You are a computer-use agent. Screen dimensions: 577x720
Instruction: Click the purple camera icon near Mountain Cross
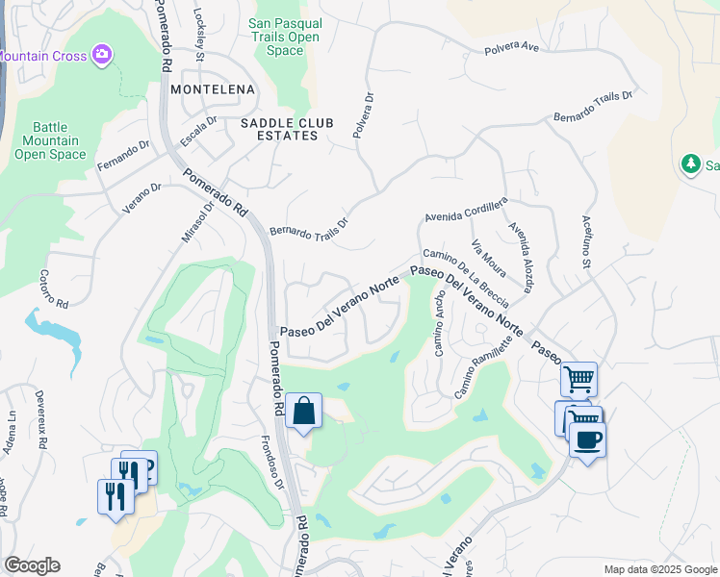(103, 56)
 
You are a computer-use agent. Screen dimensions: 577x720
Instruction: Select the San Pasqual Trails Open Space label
(283, 38)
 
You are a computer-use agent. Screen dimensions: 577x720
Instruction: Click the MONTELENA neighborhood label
(212, 89)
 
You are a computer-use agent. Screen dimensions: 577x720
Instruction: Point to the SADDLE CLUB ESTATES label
(279, 129)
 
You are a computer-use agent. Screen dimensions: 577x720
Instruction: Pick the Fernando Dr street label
(124, 157)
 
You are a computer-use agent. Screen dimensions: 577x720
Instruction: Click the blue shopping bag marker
(303, 411)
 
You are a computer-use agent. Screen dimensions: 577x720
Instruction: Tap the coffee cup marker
(587, 439)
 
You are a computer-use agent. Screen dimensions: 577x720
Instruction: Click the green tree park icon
(690, 164)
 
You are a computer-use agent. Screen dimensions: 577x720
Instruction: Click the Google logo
(32, 565)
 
